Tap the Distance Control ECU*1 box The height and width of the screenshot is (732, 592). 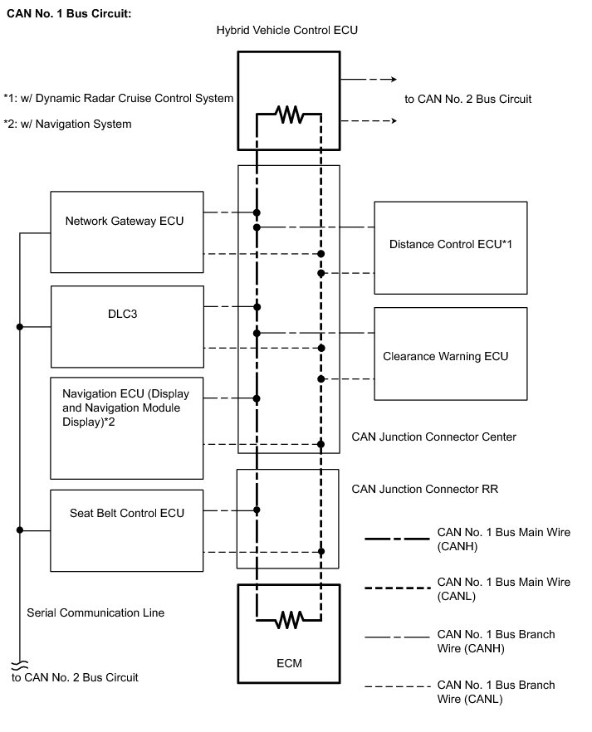450,247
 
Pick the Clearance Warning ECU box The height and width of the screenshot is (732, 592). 450,354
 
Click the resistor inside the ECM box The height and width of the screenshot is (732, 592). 289,618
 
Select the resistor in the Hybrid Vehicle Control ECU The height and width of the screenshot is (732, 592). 289,115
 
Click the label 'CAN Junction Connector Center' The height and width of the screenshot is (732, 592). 433,437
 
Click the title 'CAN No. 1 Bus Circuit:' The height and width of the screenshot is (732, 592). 69,14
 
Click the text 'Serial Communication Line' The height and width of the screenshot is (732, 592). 95,612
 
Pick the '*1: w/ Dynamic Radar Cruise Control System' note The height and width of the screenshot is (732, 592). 118,99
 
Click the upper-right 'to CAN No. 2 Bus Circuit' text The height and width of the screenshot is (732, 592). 467,99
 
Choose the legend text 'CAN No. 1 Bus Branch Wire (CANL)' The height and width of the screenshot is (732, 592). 496,692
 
